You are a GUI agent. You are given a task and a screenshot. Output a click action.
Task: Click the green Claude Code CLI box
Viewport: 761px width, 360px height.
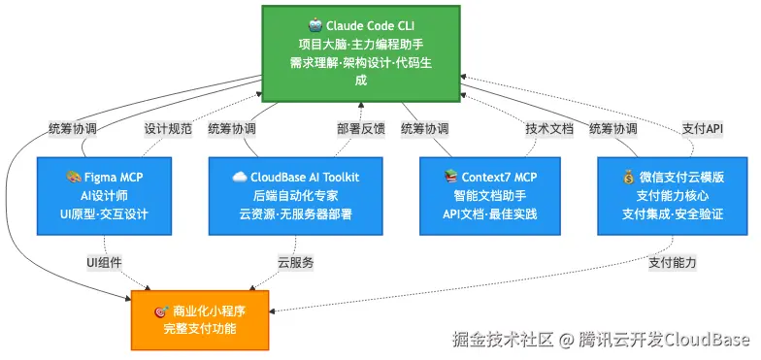tap(361, 53)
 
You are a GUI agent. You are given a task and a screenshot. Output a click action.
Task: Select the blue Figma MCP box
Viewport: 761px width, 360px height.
tap(105, 196)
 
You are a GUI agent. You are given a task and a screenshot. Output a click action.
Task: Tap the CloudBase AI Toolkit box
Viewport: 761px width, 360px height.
tap(295, 196)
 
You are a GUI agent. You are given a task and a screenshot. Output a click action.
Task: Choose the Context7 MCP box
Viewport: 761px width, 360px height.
tap(489, 196)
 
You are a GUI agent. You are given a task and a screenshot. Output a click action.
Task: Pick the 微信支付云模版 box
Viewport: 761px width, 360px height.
tap(672, 196)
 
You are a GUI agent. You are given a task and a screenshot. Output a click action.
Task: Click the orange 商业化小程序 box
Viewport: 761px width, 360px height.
tap(200, 320)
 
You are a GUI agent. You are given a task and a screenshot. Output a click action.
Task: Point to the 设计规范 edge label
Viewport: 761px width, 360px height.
tap(168, 129)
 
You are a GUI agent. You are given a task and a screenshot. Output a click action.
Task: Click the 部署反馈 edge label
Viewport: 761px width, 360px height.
tap(361, 129)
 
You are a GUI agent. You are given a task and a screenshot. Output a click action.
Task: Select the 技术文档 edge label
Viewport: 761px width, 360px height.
tap(549, 129)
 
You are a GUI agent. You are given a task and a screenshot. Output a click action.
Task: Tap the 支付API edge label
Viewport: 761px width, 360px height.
tap(703, 129)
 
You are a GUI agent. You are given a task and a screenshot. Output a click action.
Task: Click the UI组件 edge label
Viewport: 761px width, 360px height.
tap(105, 263)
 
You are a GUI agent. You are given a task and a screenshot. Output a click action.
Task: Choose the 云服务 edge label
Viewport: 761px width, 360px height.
tap(295, 263)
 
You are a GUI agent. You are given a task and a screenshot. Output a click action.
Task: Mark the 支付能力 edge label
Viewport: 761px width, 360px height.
tap(672, 263)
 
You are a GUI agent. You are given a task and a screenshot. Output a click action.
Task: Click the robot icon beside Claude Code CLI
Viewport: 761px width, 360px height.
tap(314, 25)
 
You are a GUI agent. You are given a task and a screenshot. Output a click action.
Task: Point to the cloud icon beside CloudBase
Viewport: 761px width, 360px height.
tap(239, 177)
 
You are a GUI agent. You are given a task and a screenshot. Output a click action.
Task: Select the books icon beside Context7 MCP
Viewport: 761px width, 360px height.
tap(450, 177)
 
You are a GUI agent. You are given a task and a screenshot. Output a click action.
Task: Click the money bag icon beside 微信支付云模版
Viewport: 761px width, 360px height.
tap(628, 177)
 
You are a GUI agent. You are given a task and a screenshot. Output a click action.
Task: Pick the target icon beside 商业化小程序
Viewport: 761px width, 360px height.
tap(161, 311)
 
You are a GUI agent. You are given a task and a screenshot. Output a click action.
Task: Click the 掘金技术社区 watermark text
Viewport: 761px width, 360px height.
tap(503, 340)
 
